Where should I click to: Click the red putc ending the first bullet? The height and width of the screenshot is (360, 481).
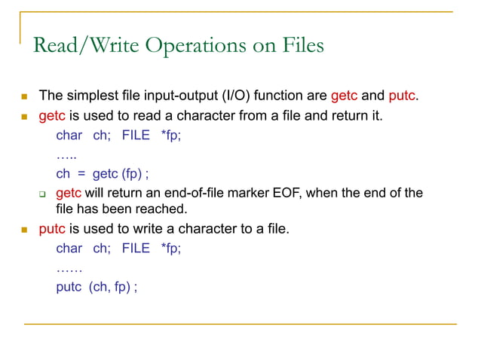click(402, 96)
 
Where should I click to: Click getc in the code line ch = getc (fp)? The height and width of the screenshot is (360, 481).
click(106, 174)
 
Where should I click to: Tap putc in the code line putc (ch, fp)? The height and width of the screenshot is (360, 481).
click(69, 286)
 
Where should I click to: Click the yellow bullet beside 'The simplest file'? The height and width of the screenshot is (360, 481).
click(23, 97)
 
